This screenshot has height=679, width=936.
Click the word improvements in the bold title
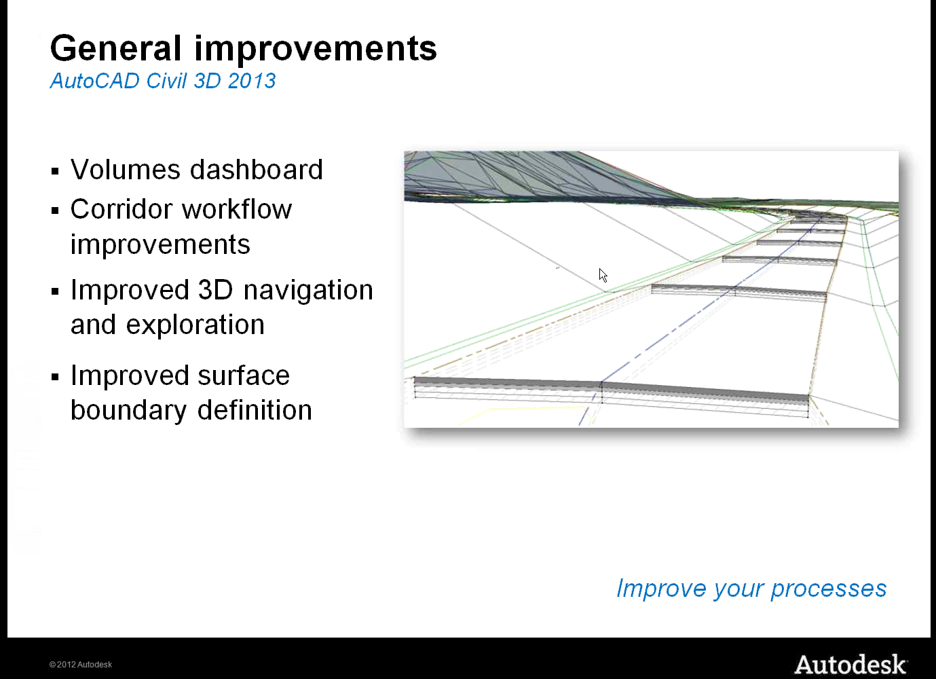point(316,50)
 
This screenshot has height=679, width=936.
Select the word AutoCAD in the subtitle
point(95,80)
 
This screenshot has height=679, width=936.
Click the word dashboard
point(257,169)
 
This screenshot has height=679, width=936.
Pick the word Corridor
point(121,208)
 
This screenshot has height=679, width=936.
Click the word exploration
point(195,325)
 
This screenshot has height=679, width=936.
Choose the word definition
point(255,409)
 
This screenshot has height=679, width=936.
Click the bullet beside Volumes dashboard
point(55,171)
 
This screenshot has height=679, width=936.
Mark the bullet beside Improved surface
point(55,377)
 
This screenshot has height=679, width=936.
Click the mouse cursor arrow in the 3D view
point(603,275)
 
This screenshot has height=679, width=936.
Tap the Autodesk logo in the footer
point(850,664)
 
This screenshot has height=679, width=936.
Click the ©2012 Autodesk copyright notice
point(81,664)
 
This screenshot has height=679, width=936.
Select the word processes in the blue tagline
point(829,589)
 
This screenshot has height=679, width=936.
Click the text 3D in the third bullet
point(215,289)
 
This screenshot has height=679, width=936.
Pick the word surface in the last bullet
point(244,375)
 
